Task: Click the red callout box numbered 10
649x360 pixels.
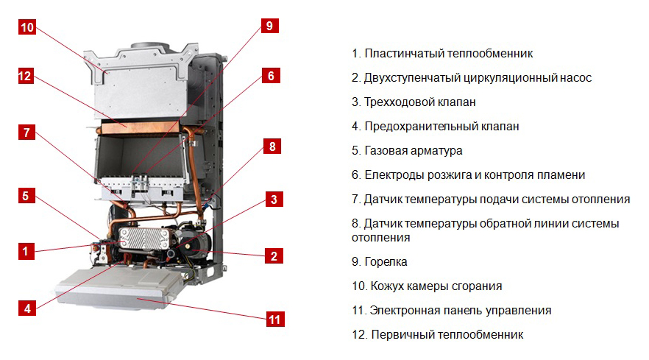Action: coord(27,27)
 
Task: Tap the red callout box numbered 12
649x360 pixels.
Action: coord(25,76)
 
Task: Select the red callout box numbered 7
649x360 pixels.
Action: coord(26,133)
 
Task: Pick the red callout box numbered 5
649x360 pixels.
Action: coord(26,196)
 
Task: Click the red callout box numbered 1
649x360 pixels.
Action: coord(26,251)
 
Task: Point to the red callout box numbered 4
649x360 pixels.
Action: coord(27,308)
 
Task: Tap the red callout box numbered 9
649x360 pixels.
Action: coord(270,26)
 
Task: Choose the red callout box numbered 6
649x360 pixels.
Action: coord(271,75)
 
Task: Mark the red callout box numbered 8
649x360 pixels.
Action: coord(272,147)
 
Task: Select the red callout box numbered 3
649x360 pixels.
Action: coord(274,200)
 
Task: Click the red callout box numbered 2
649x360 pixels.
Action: coord(274,255)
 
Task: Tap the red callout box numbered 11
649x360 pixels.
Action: coord(275,319)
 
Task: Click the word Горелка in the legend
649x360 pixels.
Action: coord(386,262)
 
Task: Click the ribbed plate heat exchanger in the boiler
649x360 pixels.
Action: coord(144,239)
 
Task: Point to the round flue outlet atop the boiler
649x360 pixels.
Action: coord(150,45)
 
